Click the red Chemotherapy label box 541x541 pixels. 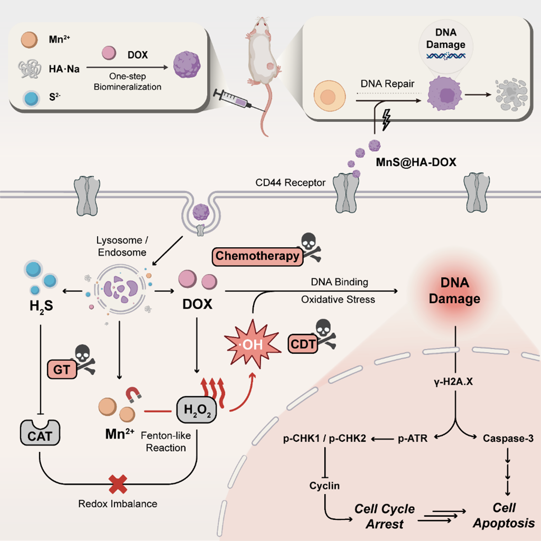point(257,256)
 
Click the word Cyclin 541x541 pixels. point(325,485)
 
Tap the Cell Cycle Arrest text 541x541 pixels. point(384,517)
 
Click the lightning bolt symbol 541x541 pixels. point(387,122)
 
